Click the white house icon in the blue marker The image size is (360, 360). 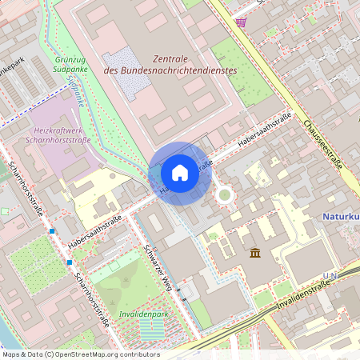coord(180,173)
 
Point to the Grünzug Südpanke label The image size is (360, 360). coord(70,63)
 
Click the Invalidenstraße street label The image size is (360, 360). coord(305,299)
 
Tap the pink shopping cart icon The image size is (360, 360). coord(241,22)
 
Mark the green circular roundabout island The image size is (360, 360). coord(225,194)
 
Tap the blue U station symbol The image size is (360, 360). coord(326,275)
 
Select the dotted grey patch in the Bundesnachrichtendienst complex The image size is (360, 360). coord(125,62)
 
